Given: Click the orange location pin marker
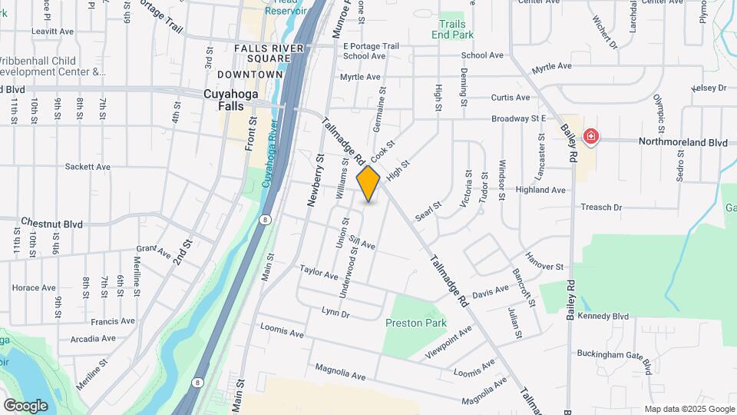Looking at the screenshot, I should click(x=368, y=183).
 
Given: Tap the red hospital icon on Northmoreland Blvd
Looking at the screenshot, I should click(x=590, y=138).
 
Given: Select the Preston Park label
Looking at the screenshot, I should click(x=415, y=323).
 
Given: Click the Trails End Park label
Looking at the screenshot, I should click(x=453, y=29).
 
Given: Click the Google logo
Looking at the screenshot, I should click(x=25, y=405).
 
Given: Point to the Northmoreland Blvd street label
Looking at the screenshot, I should click(x=665, y=142).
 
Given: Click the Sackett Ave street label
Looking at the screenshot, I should click(x=88, y=166).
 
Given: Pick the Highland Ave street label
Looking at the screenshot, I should click(x=540, y=190).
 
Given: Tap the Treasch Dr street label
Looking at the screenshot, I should click(x=600, y=207).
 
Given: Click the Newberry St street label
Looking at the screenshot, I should click(x=313, y=180).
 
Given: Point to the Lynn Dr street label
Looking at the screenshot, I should click(x=335, y=313).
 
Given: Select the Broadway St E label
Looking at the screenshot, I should click(x=518, y=118).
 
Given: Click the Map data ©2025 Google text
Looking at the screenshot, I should click(x=689, y=409).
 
